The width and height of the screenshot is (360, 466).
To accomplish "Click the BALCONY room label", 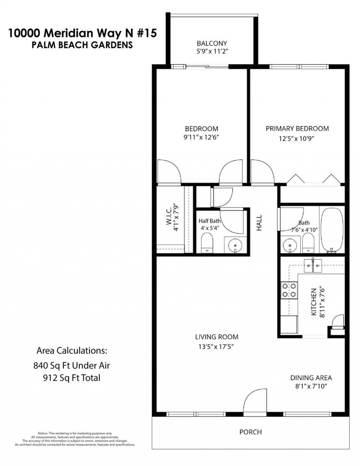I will coord(212,43).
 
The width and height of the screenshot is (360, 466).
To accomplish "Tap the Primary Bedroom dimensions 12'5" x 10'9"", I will coord(296,139).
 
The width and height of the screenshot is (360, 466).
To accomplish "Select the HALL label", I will coord(259,223).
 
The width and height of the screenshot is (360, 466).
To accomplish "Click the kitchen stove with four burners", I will coord(289,291).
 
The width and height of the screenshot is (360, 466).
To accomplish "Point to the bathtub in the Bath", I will coord(332,229).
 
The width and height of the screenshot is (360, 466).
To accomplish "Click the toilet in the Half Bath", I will coord(207,243).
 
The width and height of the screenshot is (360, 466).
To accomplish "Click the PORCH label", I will coord(250,432).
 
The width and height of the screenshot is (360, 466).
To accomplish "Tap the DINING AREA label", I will coord(311,378).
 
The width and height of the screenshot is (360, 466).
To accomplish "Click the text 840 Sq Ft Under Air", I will coord(72,365).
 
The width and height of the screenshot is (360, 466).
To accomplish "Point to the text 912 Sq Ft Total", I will coord(72,378).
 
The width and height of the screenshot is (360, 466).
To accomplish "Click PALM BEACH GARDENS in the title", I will coord(82,45).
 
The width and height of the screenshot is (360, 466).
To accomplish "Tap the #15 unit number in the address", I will coord(146,33).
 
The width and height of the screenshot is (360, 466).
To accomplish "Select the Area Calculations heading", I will coord(71,351).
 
